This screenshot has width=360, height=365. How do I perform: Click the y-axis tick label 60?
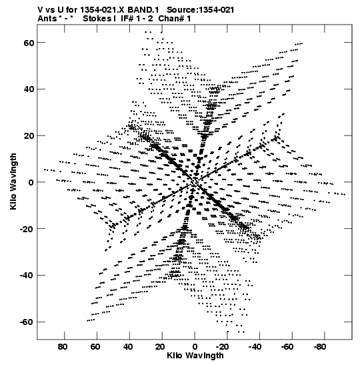[29, 43]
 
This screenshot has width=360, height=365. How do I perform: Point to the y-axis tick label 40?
[29, 89]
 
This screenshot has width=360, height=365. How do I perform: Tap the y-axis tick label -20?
[27, 229]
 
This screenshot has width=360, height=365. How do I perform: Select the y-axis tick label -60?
[27, 322]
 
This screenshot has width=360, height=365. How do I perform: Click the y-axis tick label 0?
[31, 183]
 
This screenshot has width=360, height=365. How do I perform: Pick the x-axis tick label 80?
[63, 347]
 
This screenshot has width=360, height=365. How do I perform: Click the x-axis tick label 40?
[128, 347]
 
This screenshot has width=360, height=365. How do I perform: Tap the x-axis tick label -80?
[320, 347]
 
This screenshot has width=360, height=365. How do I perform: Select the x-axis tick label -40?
[255, 347]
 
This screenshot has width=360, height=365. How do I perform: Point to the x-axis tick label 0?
[195, 347]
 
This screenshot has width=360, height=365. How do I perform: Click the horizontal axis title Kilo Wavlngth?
[195, 356]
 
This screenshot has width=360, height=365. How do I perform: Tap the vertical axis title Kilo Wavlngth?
[13, 181]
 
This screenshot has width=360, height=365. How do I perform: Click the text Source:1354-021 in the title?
[201, 10]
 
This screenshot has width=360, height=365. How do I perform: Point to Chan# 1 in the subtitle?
[175, 19]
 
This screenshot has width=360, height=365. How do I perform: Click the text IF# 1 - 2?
[137, 19]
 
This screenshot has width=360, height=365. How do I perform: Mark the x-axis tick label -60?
[287, 347]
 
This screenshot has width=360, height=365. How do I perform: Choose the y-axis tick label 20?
[29, 136]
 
